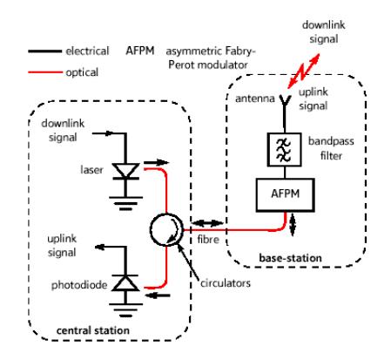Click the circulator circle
[151, 229]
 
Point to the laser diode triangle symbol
[125, 171]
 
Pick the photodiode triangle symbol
[125, 283]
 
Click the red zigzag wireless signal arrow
[304, 71]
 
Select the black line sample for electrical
[45, 51]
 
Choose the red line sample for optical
[45, 71]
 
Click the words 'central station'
[93, 330]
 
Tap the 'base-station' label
[290, 258]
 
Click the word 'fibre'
[208, 240]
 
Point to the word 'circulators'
[226, 283]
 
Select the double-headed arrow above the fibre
[208, 223]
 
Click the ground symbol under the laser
[125, 203]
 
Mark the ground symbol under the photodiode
[125, 309]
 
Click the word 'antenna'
[255, 98]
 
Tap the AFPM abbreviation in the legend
[140, 51]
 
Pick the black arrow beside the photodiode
[158, 295]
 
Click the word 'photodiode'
[79, 285]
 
